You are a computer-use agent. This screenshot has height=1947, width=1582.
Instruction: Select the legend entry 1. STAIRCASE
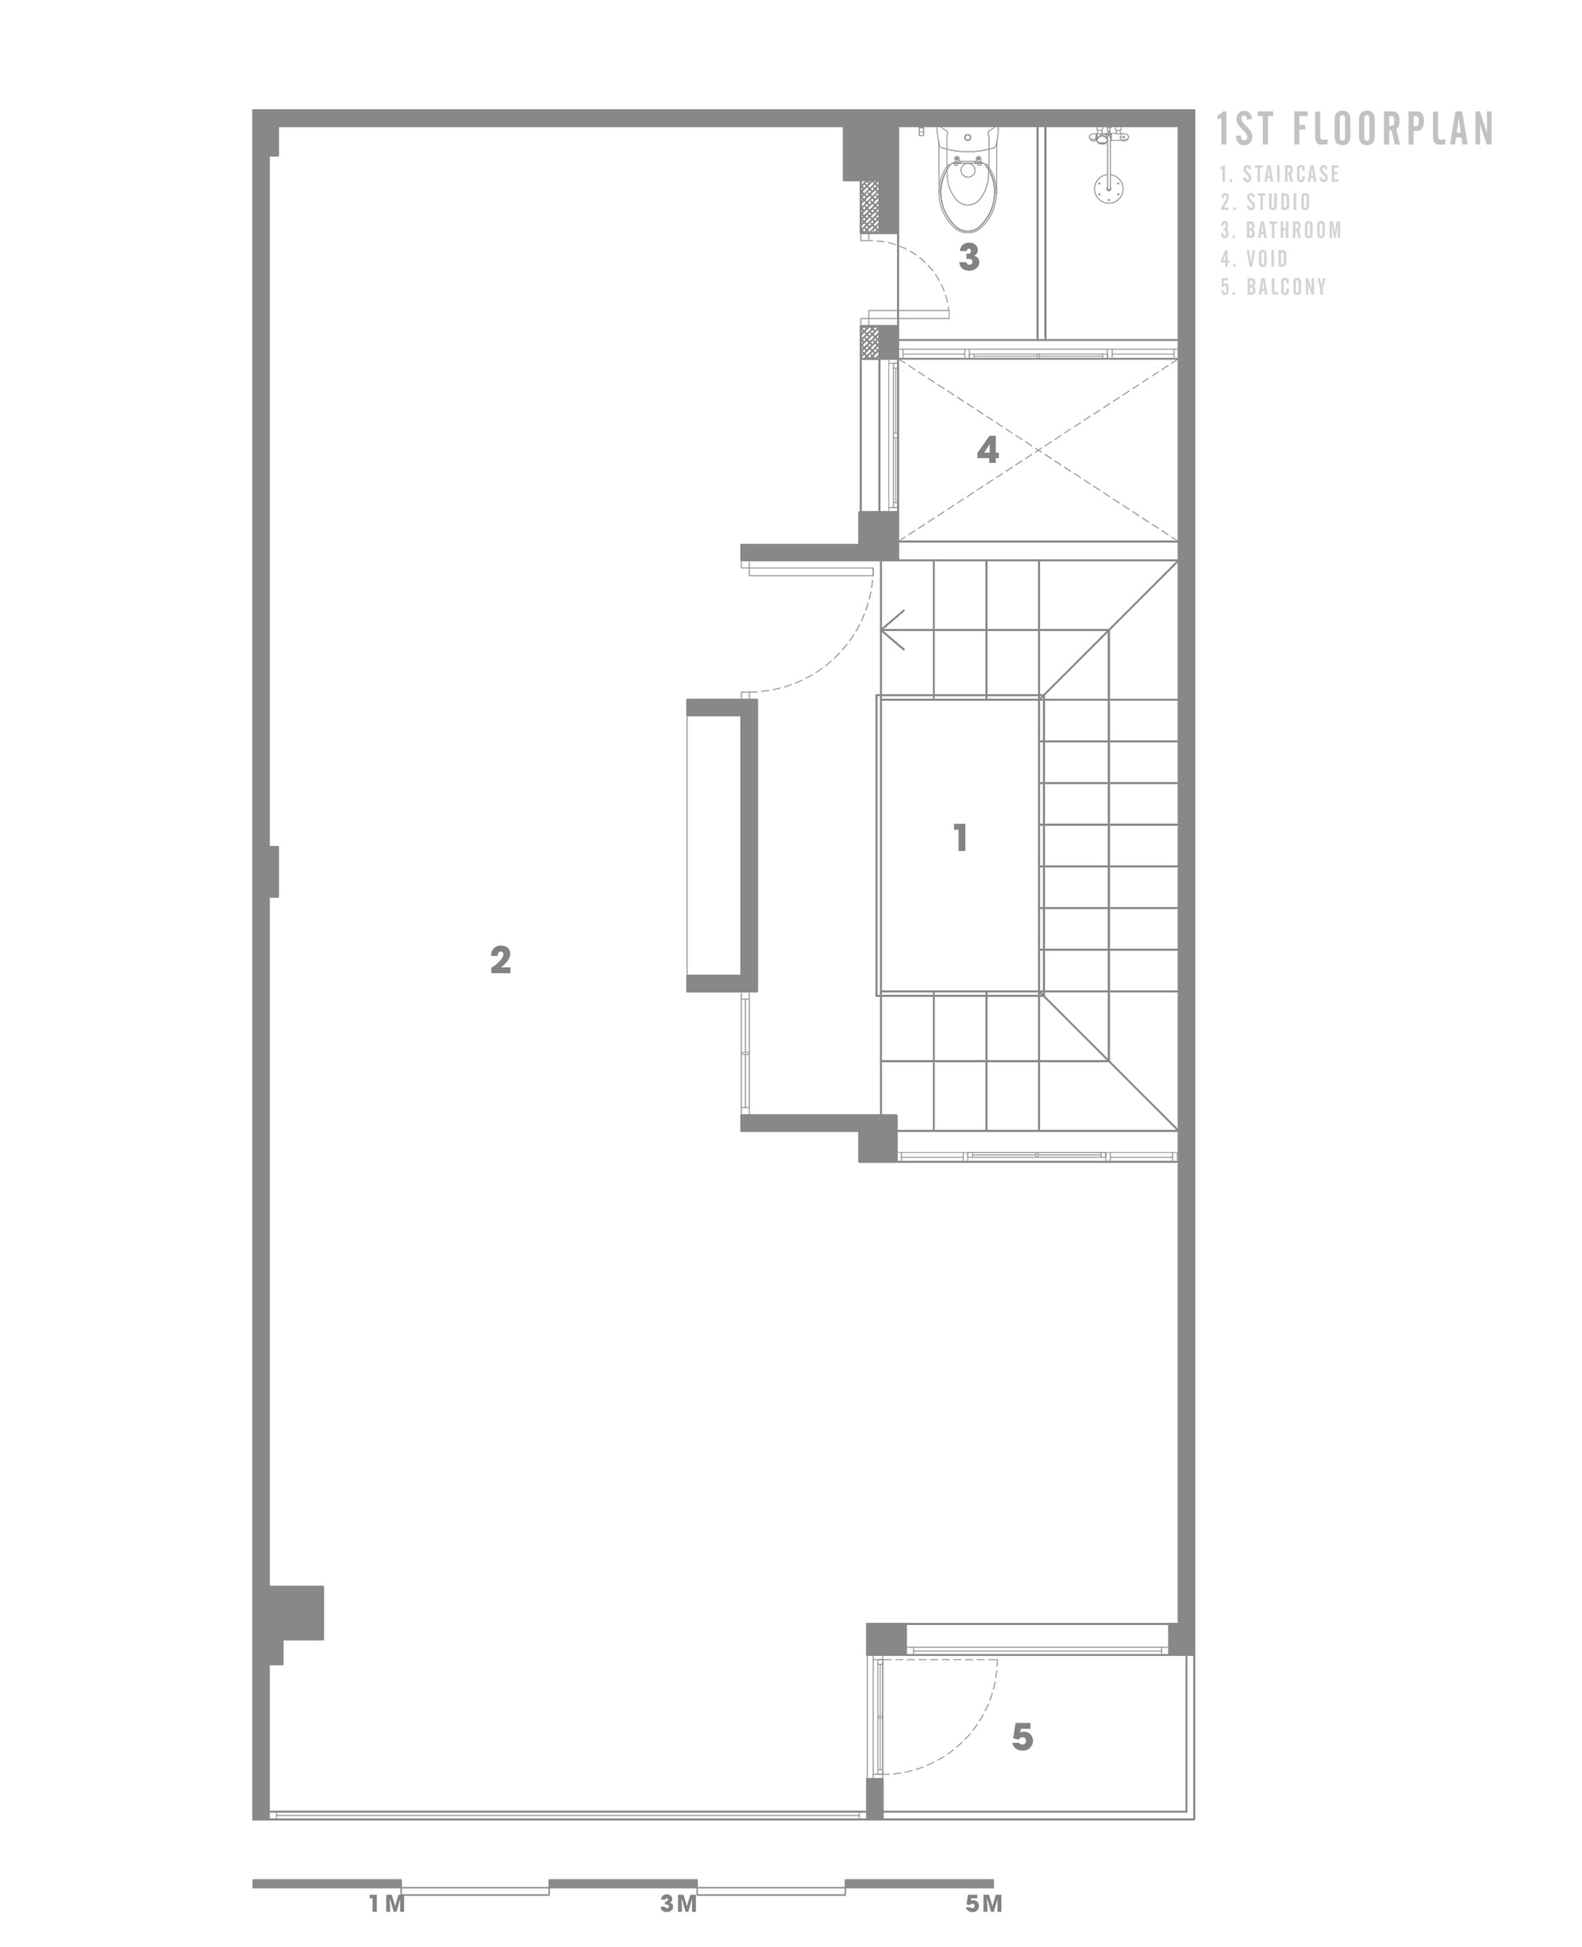(1281, 174)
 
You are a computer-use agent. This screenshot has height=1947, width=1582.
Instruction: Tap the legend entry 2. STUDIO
(1266, 202)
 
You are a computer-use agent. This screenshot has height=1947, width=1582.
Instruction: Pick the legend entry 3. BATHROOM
(1281, 230)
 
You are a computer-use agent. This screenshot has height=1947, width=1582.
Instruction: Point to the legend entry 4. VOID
(1255, 259)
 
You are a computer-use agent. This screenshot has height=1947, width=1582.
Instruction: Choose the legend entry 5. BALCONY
(1274, 287)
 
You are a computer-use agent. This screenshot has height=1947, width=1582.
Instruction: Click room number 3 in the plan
(969, 258)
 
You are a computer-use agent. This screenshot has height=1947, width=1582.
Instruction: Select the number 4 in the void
(988, 450)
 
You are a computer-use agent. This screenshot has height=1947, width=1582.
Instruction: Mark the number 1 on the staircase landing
(959, 838)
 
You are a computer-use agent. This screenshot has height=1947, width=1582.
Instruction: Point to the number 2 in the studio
(500, 959)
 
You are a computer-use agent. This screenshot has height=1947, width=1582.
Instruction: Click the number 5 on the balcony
(1023, 1737)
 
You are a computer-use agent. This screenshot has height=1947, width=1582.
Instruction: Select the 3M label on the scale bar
(679, 1904)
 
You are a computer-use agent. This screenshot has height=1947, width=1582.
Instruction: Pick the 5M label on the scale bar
(984, 1904)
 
